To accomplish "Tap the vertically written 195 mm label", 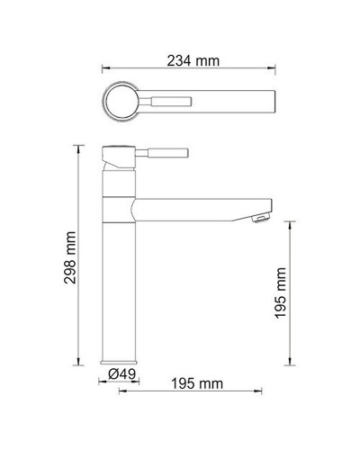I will coord(281,292).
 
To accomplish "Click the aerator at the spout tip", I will coord(261,216).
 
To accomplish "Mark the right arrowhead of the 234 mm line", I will coord(274,67).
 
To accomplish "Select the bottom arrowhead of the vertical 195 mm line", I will coord(290,364).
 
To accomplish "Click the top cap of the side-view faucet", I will coord(118,147).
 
